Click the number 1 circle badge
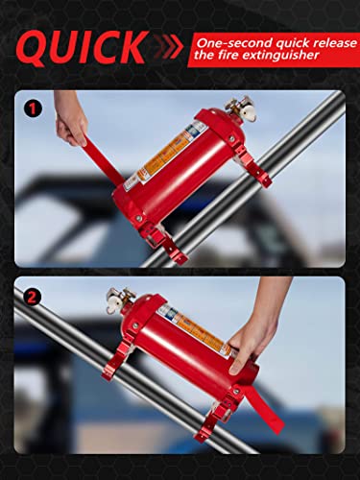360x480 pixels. (x=34, y=108)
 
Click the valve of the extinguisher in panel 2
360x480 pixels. (x=122, y=301)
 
